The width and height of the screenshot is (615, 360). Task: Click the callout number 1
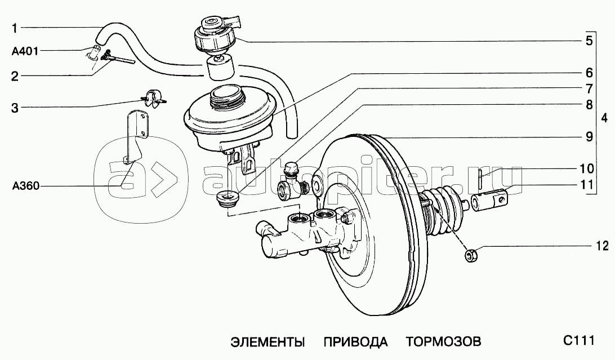point(15,28)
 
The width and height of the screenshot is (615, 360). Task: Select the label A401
point(25,51)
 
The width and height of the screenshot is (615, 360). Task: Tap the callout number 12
point(602,246)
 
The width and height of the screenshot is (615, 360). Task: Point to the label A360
point(26,186)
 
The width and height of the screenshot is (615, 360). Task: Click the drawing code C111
point(579,340)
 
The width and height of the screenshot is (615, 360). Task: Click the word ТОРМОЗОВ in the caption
point(443,341)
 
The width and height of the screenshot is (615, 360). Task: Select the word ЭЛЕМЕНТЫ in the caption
point(267,341)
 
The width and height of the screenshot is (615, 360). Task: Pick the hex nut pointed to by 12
point(471,256)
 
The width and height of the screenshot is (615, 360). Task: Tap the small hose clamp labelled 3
point(153,98)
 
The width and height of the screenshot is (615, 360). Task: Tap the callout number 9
point(589,137)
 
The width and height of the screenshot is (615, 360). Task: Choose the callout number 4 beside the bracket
point(604,118)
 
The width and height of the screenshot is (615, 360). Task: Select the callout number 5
point(589,41)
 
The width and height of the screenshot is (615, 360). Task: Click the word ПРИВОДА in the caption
point(355,341)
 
